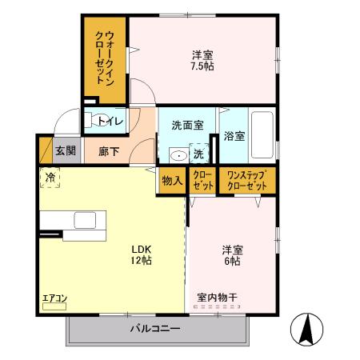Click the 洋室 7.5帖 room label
(x=202, y=61)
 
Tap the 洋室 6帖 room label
(x=232, y=254)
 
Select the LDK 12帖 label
(x=142, y=254)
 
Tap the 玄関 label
(x=66, y=150)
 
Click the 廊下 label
(x=110, y=150)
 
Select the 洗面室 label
(x=186, y=126)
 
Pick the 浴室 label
(x=234, y=136)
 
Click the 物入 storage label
(x=172, y=180)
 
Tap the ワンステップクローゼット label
(x=246, y=180)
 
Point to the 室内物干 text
(x=217, y=298)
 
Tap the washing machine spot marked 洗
(x=198, y=154)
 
